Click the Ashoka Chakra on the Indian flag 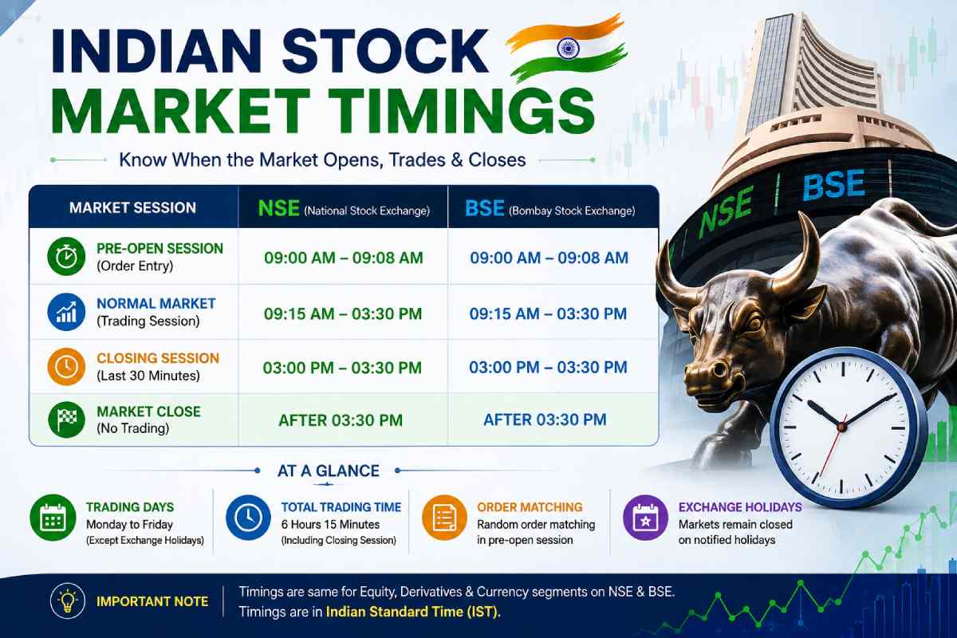[568, 49]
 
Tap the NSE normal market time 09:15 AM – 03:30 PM [343, 313]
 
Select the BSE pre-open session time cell [549, 258]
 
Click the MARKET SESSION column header [132, 207]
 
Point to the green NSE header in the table [279, 208]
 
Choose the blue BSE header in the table [485, 208]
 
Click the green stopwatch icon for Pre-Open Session [66, 257]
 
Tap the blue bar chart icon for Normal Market [66, 312]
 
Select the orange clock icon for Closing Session [66, 367]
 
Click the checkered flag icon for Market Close [66, 419]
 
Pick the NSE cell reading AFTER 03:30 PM [341, 420]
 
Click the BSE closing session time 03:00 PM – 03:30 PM [548, 367]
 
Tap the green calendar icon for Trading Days [53, 518]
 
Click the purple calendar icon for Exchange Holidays [645, 518]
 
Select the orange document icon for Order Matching [444, 518]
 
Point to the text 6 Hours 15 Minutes [330, 524]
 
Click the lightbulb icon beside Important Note [68, 601]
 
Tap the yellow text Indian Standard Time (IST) [413, 612]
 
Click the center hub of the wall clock [841, 427]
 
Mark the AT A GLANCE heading [328, 471]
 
